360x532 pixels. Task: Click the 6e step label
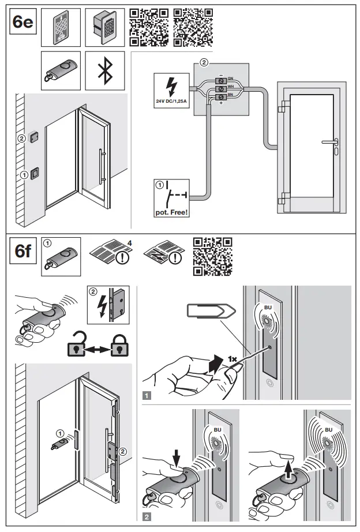(x=22, y=23)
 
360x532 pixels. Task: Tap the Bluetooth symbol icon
(x=104, y=69)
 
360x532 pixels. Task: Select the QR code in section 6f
(x=212, y=254)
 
